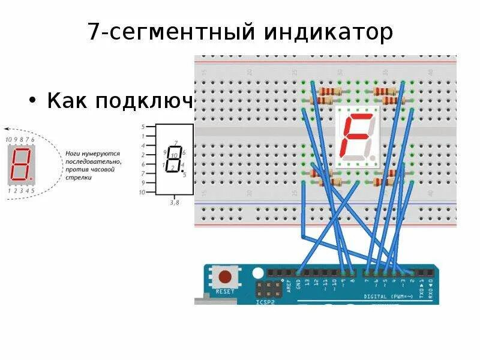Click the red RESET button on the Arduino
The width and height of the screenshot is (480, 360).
226,278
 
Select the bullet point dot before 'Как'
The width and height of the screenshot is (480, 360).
34,101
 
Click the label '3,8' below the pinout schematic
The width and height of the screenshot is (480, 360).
175,203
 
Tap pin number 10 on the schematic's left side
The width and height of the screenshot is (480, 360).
142,192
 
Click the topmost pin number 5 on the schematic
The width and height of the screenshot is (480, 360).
143,127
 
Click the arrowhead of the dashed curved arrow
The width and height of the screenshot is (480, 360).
7,128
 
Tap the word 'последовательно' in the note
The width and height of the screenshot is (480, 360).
93,162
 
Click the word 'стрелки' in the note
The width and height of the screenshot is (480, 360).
79,178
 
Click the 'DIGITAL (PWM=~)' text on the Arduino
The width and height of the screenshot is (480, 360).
388,296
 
